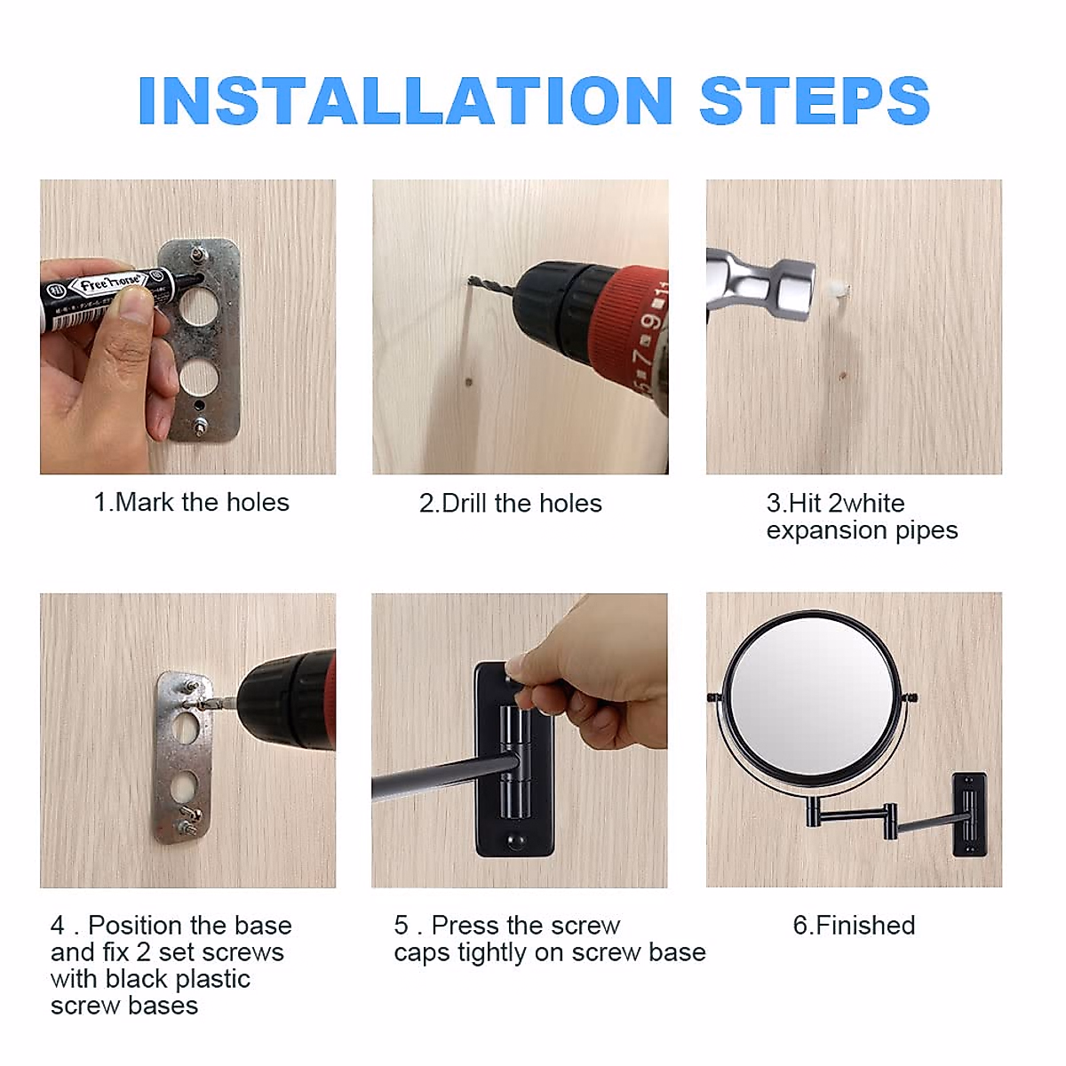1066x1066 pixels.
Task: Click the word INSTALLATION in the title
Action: pos(405,100)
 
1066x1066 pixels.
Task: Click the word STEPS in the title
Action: pos(815,100)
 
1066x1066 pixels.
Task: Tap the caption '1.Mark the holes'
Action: pos(191,502)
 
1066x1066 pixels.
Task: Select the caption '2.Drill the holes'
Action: pos(510,504)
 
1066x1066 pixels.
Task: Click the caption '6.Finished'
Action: pos(854,925)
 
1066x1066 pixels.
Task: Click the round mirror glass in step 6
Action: pos(813,699)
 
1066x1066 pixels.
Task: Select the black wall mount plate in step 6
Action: pos(968,815)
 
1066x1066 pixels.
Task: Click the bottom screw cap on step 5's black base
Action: pos(515,842)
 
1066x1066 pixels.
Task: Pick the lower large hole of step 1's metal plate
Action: pos(199,378)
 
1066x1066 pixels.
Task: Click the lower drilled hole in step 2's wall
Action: pos(469,382)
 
